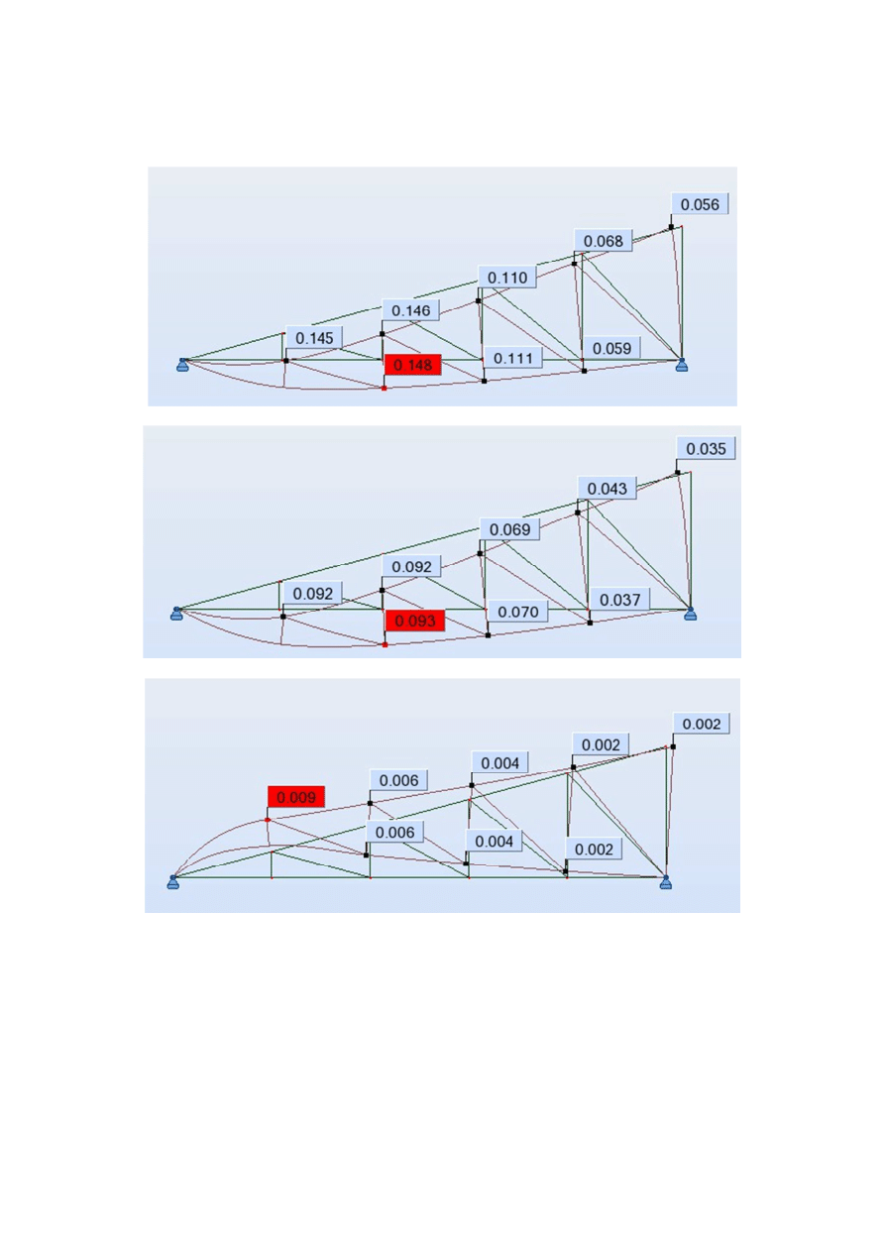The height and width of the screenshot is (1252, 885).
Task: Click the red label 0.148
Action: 413,365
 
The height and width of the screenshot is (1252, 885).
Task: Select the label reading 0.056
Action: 700,204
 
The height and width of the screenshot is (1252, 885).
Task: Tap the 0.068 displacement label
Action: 603,241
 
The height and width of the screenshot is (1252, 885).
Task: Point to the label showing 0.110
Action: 507,278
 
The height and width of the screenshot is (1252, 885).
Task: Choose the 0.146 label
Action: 410,310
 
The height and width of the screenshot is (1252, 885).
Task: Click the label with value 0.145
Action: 314,338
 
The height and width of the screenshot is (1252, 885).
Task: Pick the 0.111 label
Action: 513,358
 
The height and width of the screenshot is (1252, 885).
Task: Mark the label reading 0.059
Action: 611,348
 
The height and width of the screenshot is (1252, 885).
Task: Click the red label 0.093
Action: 414,621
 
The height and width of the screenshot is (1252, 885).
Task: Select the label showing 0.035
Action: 706,449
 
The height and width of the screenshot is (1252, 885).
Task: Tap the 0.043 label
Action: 607,489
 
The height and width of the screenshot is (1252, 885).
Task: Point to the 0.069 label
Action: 509,528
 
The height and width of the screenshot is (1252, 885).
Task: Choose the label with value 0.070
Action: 518,612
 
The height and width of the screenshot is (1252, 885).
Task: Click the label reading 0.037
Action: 619,600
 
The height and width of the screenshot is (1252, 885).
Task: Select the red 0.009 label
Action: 296,797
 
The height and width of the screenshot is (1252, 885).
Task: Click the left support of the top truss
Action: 182,365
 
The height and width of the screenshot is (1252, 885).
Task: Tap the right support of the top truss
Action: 682,365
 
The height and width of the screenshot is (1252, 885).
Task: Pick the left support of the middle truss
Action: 176,614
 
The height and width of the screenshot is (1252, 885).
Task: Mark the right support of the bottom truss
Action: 665,882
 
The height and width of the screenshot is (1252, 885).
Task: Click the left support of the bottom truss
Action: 173,882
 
